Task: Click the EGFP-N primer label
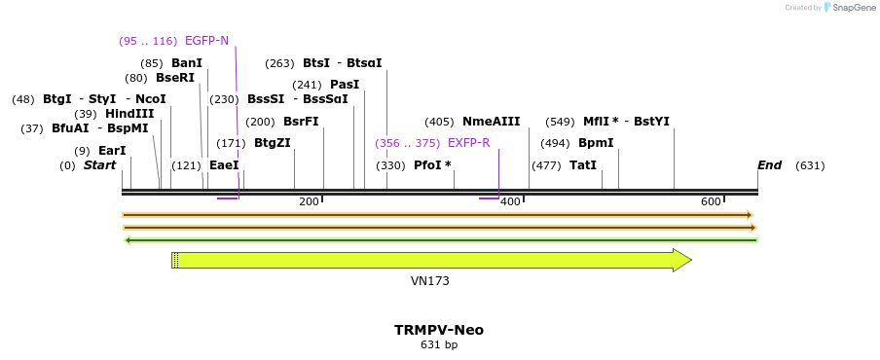tap(206, 41)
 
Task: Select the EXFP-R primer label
tap(468, 143)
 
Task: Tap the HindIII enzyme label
tap(129, 114)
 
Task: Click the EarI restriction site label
tap(112, 151)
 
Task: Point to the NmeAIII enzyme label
tap(491, 122)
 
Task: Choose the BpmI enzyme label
tap(596, 143)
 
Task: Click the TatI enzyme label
tap(582, 165)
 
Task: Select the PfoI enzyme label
tap(432, 165)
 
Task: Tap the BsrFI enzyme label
tap(301, 122)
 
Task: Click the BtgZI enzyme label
tap(272, 143)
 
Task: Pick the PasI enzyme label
tap(345, 85)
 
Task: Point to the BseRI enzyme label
tap(175, 78)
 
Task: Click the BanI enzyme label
tap(187, 63)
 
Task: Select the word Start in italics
tap(99, 165)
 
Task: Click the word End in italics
tap(769, 165)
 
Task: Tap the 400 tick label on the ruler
tap(509, 201)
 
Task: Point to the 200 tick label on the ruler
tap(309, 201)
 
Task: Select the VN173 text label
tap(429, 281)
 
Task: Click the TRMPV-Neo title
tap(438, 330)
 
